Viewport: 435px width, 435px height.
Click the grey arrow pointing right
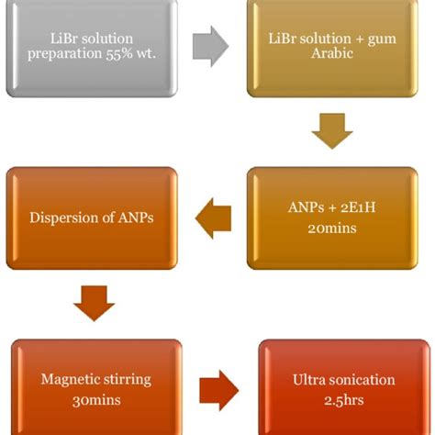(x=210, y=46)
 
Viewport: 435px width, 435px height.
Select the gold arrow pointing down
(x=332, y=131)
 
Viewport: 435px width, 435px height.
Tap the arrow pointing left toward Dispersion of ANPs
(x=213, y=218)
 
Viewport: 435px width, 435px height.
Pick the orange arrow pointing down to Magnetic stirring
(x=95, y=304)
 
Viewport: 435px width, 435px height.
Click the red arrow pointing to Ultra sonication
(x=219, y=390)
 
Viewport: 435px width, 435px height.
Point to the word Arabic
(x=332, y=53)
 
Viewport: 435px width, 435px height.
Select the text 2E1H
(x=358, y=207)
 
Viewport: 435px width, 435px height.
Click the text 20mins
(x=332, y=229)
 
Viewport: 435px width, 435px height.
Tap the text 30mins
(x=96, y=400)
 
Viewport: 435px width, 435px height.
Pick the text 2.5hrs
(x=344, y=400)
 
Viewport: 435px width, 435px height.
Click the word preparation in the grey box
(x=65, y=54)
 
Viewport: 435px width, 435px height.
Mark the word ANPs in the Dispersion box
(x=136, y=217)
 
